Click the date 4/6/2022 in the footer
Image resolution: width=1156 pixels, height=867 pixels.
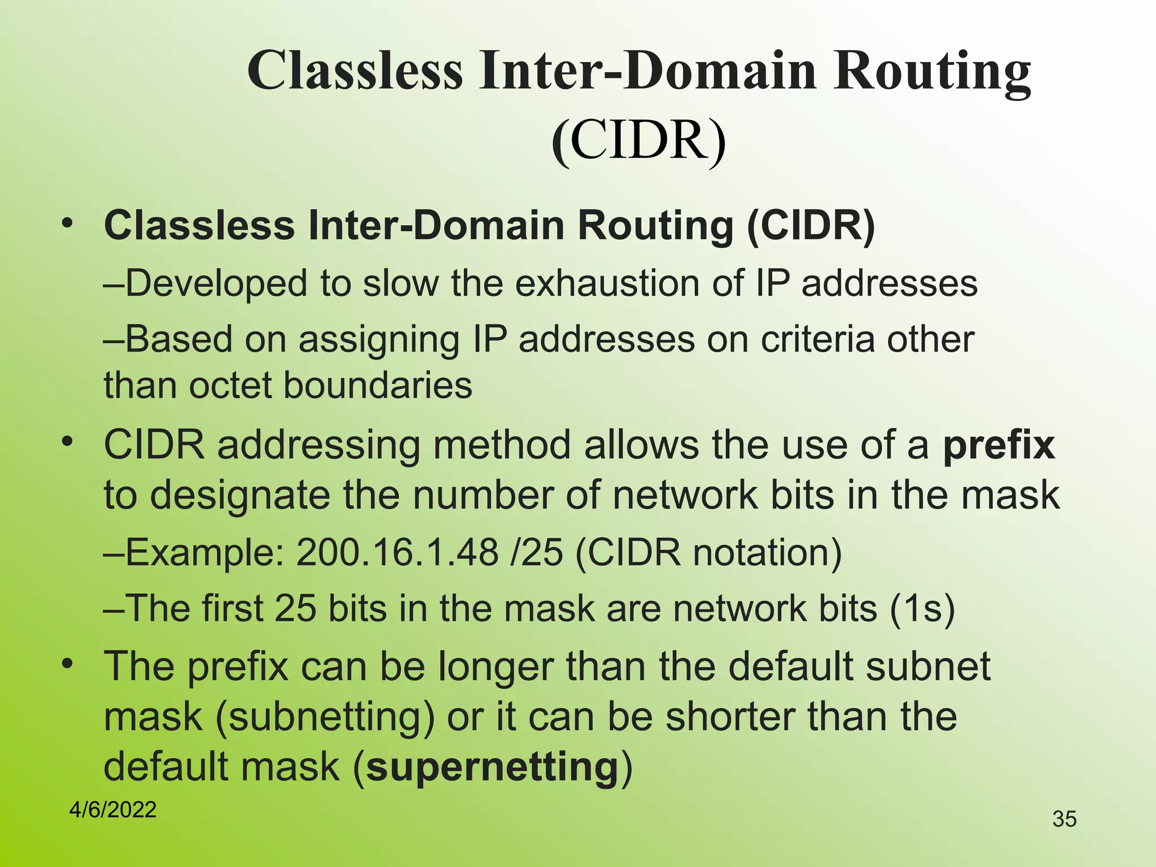[112, 810]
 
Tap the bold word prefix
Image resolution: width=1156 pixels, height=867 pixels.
[999, 445]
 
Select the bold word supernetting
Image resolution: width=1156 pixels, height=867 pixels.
[493, 767]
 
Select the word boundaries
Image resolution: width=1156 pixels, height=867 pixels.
[378, 386]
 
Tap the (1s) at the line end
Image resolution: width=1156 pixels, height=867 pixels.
[922, 608]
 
